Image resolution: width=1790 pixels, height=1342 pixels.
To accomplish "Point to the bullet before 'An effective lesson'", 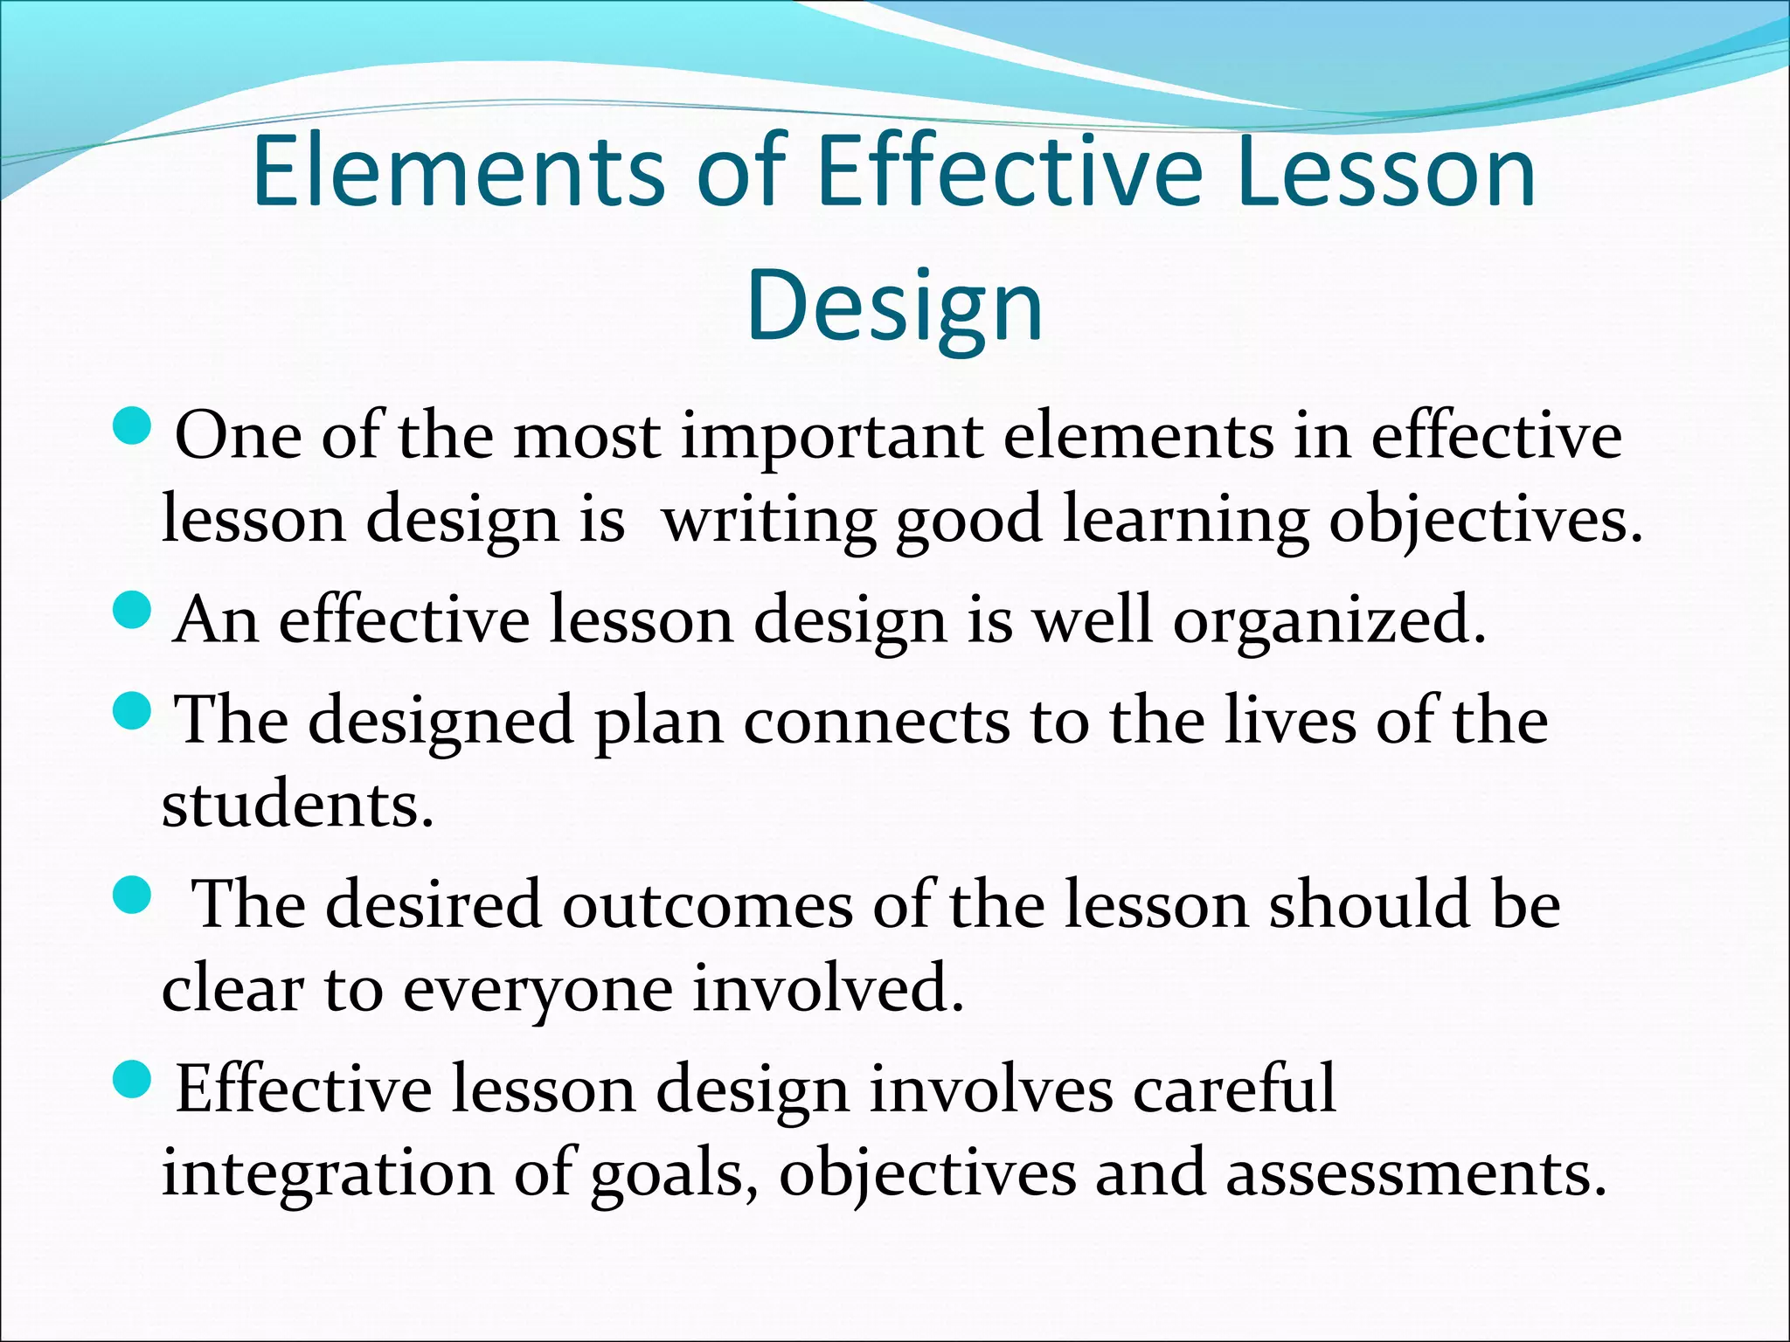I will pyautogui.click(x=133, y=610).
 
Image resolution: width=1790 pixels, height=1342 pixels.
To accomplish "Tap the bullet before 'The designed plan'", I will pyautogui.click(x=133, y=710).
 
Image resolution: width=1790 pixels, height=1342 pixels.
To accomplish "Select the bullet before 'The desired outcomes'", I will pyautogui.click(x=133, y=896).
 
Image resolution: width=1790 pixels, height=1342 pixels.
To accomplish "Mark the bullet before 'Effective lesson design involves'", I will pyautogui.click(x=133, y=1080).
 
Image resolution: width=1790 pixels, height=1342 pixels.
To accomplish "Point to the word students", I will pyautogui.click(x=297, y=806).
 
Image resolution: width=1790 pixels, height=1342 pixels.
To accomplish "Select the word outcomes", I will pyautogui.click(x=706, y=906).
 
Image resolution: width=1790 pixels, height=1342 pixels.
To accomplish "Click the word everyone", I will pyautogui.click(x=538, y=991).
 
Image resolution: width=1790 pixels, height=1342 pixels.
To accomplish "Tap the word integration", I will pyautogui.click(x=328, y=1174).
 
